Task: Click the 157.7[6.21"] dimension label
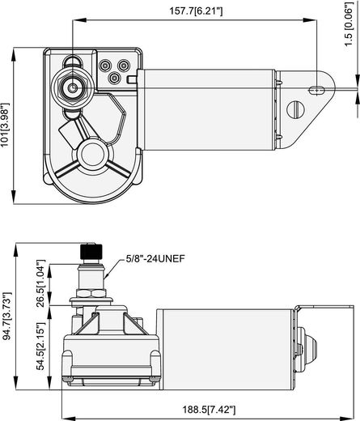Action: [x=196, y=11]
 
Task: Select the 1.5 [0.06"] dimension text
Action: [x=349, y=24]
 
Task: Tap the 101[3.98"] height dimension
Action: [x=5, y=125]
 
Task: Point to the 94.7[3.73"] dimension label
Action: [x=6, y=317]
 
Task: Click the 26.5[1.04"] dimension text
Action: [x=41, y=283]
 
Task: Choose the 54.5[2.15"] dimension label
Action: [x=41, y=347]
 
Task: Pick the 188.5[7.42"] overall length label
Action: [x=210, y=410]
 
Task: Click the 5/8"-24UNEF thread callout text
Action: [x=155, y=259]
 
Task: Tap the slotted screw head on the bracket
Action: [x=295, y=109]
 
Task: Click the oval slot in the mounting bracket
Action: [x=316, y=90]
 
